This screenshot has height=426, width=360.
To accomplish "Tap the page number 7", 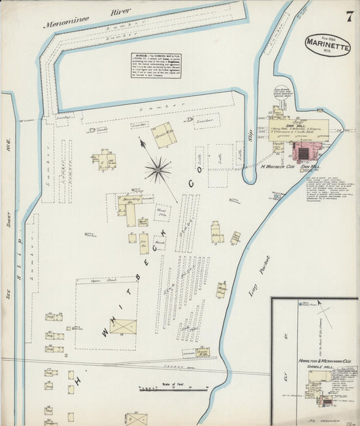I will click(x=349, y=17).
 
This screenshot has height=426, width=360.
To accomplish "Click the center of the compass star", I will click(x=157, y=169).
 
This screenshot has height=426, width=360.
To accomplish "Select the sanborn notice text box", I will click(x=156, y=65).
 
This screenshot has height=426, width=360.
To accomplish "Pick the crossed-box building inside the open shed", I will click(x=123, y=327).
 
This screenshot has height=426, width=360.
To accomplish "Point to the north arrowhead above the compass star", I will click(x=142, y=141).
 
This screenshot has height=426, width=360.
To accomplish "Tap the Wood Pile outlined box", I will click(x=161, y=213).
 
